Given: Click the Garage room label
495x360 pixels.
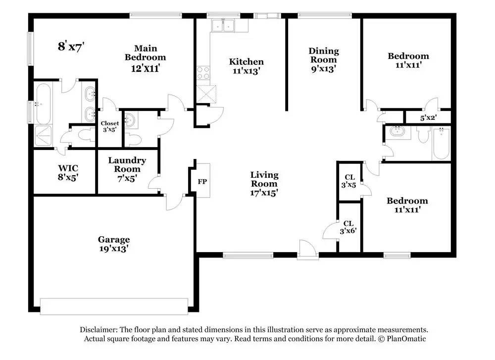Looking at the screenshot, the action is pyautogui.click(x=114, y=239).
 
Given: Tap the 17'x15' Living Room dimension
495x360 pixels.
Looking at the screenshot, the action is pyautogui.click(x=264, y=192).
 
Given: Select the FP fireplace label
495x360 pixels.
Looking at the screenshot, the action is pyautogui.click(x=202, y=182).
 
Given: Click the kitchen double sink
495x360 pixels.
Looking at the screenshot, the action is pyautogui.click(x=223, y=26).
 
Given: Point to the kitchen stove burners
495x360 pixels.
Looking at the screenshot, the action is pyautogui.click(x=203, y=73).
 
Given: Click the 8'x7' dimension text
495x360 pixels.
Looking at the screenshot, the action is pyautogui.click(x=71, y=47).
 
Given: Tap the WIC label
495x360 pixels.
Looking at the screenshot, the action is pyautogui.click(x=68, y=168).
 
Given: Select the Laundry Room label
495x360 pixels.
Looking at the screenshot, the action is pyautogui.click(x=127, y=164).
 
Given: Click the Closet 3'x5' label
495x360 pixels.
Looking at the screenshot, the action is pyautogui.click(x=109, y=126).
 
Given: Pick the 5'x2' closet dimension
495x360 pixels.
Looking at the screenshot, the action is pyautogui.click(x=428, y=118).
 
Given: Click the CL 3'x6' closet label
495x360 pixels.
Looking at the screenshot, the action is pyautogui.click(x=348, y=227).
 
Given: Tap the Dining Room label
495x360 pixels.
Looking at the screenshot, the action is pyautogui.click(x=324, y=55).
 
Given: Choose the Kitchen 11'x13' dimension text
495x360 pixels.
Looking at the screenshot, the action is pyautogui.click(x=246, y=71).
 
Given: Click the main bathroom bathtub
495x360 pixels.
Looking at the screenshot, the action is pyautogui.click(x=43, y=103).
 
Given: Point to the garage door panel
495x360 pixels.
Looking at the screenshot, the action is pyautogui.click(x=114, y=307).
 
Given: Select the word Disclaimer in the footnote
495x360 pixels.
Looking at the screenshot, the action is pyautogui.click(x=99, y=330).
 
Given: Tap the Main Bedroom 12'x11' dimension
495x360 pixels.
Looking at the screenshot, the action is pyautogui.click(x=145, y=68).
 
